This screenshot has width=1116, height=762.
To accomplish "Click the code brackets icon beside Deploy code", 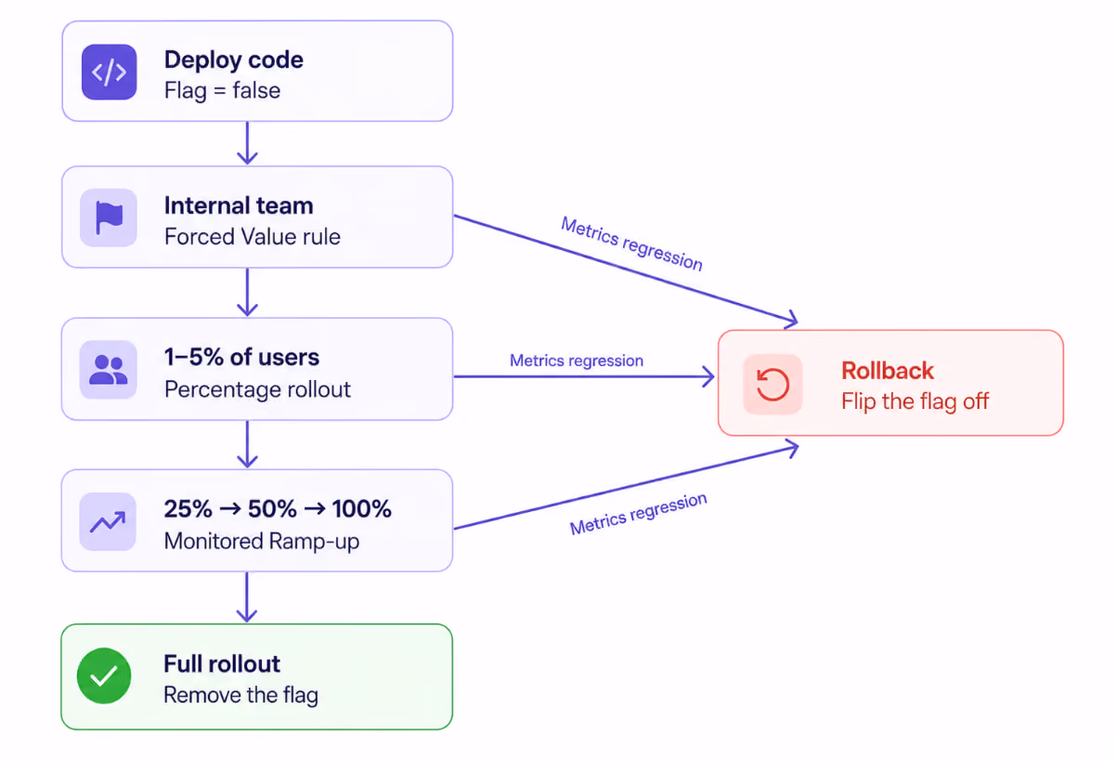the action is tap(110, 72).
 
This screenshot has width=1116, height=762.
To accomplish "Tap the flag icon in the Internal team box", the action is tap(109, 217).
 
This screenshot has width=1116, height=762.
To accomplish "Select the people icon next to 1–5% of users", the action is tap(109, 370).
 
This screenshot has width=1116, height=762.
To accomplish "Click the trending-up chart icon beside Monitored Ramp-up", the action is tap(108, 521).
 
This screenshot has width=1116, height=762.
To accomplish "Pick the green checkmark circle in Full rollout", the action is tap(104, 676).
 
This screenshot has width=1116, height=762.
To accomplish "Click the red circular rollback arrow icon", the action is tap(772, 384).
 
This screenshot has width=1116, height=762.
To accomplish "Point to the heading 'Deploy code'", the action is tap(234, 60).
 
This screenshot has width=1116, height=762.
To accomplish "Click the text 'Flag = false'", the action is tap(222, 91).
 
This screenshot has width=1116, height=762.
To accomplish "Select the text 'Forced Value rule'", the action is tap(253, 236).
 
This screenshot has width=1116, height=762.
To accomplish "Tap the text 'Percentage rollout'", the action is tap(257, 389).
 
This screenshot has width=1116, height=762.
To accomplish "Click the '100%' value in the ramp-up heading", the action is tap(362, 509).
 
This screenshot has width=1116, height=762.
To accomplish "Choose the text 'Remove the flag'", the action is tap(240, 695).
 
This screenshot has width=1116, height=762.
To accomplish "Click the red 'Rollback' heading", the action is tap(888, 371).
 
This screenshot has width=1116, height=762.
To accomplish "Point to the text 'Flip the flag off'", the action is tap(915, 401).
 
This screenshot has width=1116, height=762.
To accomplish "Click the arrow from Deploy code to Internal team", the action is tap(247, 143).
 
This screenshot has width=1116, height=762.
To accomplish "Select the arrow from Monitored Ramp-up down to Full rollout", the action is tap(247, 597).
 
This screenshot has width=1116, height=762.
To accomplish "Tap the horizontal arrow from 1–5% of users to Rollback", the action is tap(584, 376).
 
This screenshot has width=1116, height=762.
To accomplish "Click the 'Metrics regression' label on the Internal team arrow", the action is tap(631, 244).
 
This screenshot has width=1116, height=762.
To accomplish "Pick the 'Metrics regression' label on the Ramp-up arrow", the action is tap(638, 514).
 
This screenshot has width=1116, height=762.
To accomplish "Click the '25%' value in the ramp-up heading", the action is tap(188, 509).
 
